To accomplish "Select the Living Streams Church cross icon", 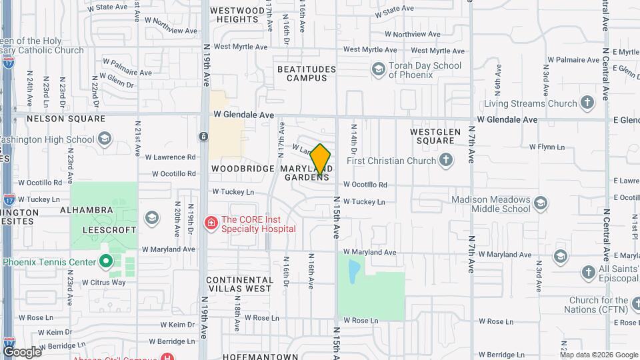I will click(587, 103).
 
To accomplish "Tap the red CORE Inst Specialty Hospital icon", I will click(211, 222).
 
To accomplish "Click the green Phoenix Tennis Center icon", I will click(105, 261).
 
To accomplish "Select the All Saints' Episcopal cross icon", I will click(588, 272).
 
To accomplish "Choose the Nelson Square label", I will click(66, 119).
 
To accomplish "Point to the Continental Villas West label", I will click(239, 284).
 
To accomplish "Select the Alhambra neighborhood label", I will click(87, 210).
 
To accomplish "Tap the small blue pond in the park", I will click(354, 269).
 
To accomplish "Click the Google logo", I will click(22, 351).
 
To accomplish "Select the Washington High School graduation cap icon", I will click(104, 139).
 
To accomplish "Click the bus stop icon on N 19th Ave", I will click(203, 136).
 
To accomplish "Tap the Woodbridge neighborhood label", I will click(243, 169).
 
